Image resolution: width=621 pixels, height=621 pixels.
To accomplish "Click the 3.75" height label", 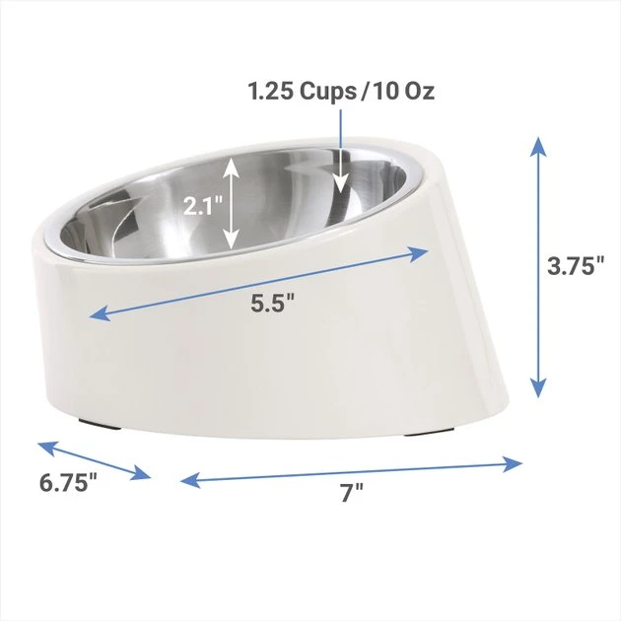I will tap(577, 265).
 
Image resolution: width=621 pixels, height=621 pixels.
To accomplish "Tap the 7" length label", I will tap(351, 494).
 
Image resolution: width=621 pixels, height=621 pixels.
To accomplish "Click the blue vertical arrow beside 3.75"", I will tap(538, 266).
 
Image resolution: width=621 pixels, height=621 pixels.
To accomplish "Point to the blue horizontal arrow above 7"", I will tap(351, 470).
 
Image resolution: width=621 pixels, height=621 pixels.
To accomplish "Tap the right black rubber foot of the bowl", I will tap(434, 432).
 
